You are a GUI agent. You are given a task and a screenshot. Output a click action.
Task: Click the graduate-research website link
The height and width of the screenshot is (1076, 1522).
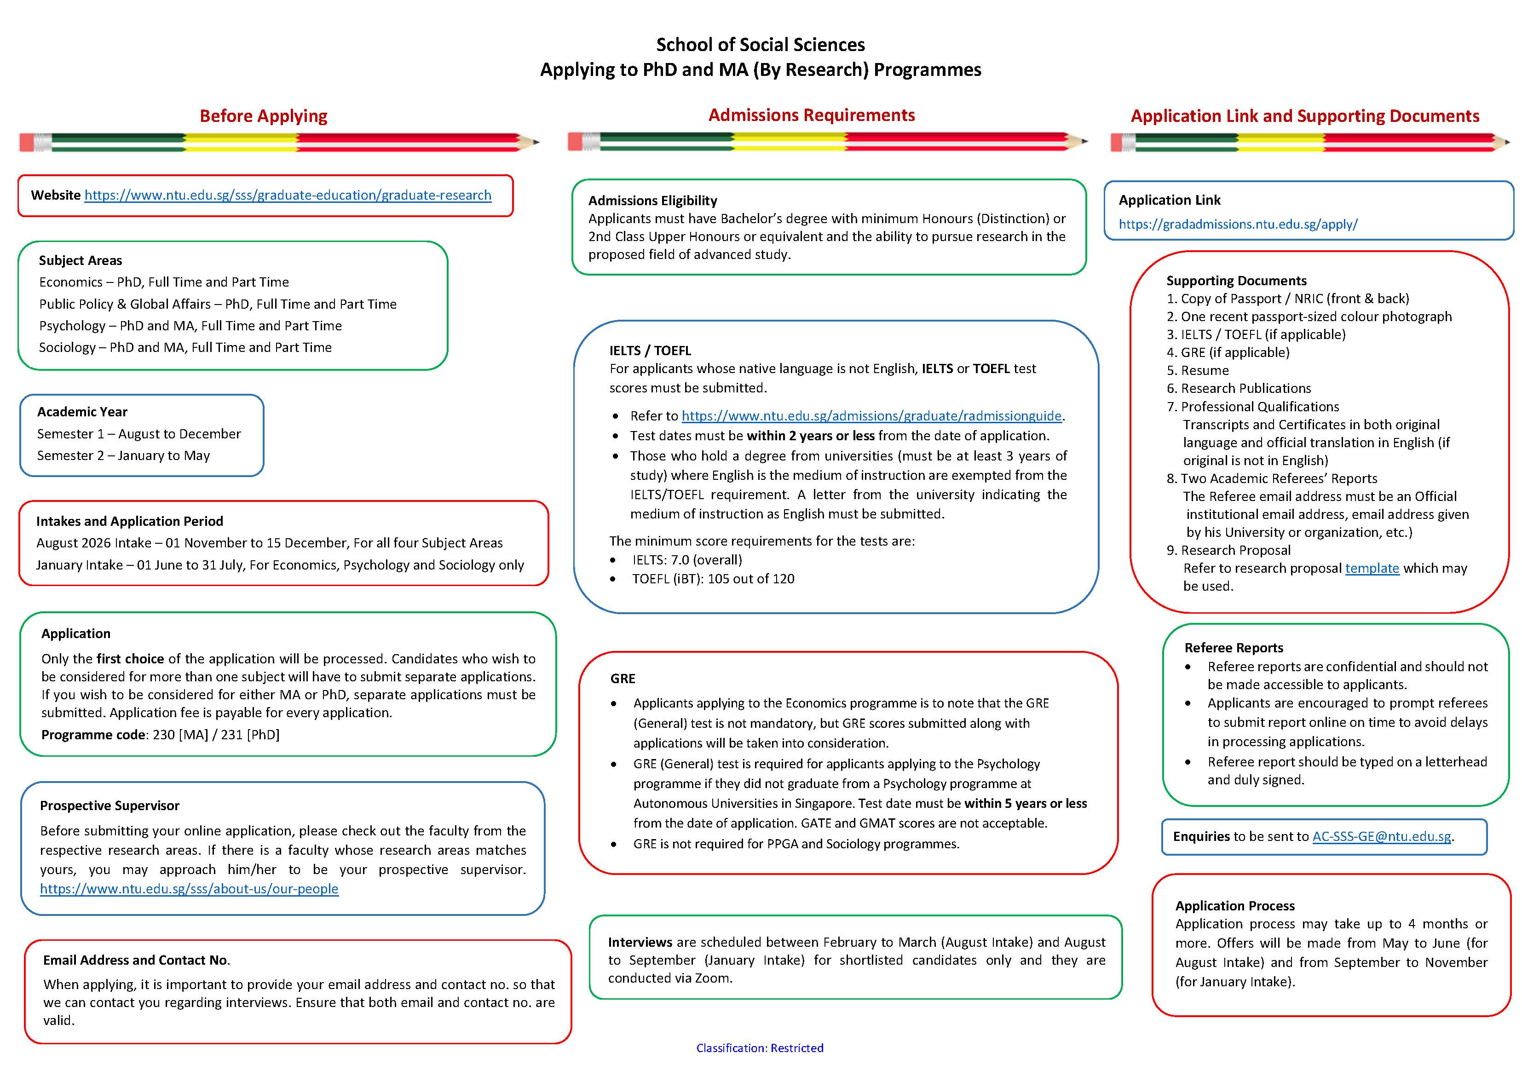click(288, 195)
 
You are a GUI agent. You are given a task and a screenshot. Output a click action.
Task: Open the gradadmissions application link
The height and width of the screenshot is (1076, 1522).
click(1238, 224)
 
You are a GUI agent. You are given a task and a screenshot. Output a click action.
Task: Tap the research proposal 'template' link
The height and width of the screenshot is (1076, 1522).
click(1372, 568)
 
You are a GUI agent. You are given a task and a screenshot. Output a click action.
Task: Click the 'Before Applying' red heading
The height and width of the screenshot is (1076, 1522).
click(263, 116)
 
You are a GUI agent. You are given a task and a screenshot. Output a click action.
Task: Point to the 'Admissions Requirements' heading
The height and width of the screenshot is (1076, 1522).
click(811, 115)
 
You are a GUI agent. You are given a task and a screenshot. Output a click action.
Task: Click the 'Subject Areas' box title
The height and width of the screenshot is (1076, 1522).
click(80, 260)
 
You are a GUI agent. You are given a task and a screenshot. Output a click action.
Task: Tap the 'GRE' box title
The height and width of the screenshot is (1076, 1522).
click(623, 678)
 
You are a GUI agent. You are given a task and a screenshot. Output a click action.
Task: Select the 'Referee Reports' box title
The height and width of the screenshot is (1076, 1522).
click(1234, 648)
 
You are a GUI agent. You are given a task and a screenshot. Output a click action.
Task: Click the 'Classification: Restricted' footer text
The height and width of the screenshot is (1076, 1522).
click(760, 1047)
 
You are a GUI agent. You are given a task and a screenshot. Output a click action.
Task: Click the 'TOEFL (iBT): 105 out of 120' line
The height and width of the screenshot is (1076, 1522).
click(713, 579)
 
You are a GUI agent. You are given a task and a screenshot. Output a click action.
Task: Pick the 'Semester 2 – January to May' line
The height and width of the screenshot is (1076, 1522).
click(123, 455)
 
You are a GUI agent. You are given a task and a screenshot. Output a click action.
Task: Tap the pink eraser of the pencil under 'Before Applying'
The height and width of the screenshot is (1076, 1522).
click(27, 142)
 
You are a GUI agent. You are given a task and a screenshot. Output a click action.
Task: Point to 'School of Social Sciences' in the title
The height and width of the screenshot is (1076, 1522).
click(761, 45)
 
